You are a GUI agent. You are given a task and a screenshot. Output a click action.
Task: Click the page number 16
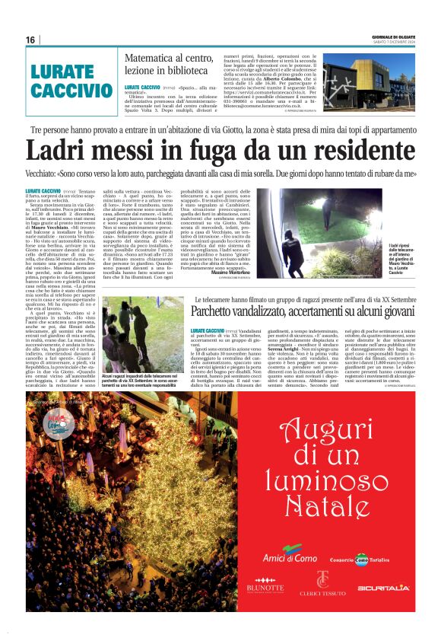[30, 40]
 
